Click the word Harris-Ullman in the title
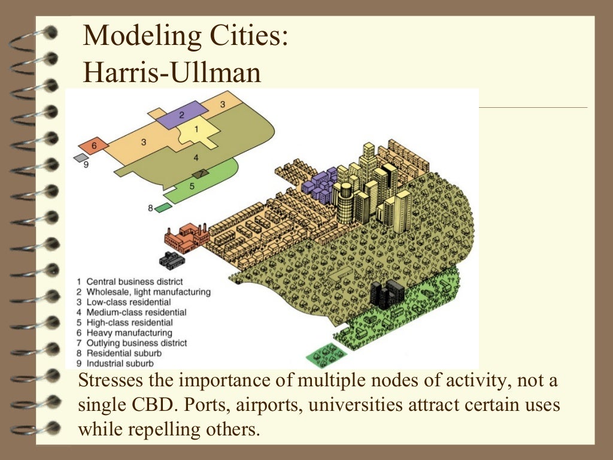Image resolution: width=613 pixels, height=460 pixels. [172, 73]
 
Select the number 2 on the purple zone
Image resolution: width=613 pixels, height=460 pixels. [181, 114]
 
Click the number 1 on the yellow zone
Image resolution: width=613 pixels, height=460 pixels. [196, 129]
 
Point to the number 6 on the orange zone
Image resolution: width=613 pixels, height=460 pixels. [94, 146]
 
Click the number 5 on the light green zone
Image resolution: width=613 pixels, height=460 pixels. [192, 186]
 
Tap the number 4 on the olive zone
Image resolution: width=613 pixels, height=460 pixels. [196, 158]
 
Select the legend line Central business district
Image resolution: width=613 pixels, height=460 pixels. [135, 281]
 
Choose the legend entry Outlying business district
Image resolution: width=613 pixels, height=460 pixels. [136, 343]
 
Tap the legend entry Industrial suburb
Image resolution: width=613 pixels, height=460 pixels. [120, 363]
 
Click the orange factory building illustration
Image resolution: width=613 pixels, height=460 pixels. [186, 237]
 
